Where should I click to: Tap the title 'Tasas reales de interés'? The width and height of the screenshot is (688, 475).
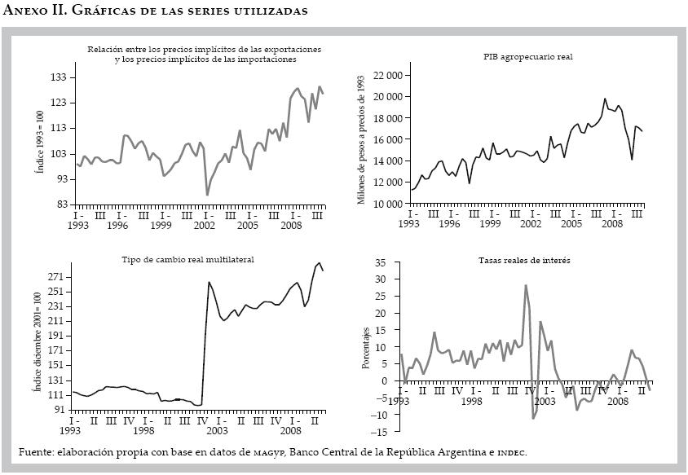523,260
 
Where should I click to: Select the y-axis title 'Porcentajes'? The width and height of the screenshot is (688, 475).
366,346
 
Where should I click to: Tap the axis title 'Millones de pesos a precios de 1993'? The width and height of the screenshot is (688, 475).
361,140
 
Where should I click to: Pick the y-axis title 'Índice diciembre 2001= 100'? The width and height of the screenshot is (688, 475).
36,343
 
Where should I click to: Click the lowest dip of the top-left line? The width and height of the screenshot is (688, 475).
207,195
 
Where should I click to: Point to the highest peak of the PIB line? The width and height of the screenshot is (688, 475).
605,99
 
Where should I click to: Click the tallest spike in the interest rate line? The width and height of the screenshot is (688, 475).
526,285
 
